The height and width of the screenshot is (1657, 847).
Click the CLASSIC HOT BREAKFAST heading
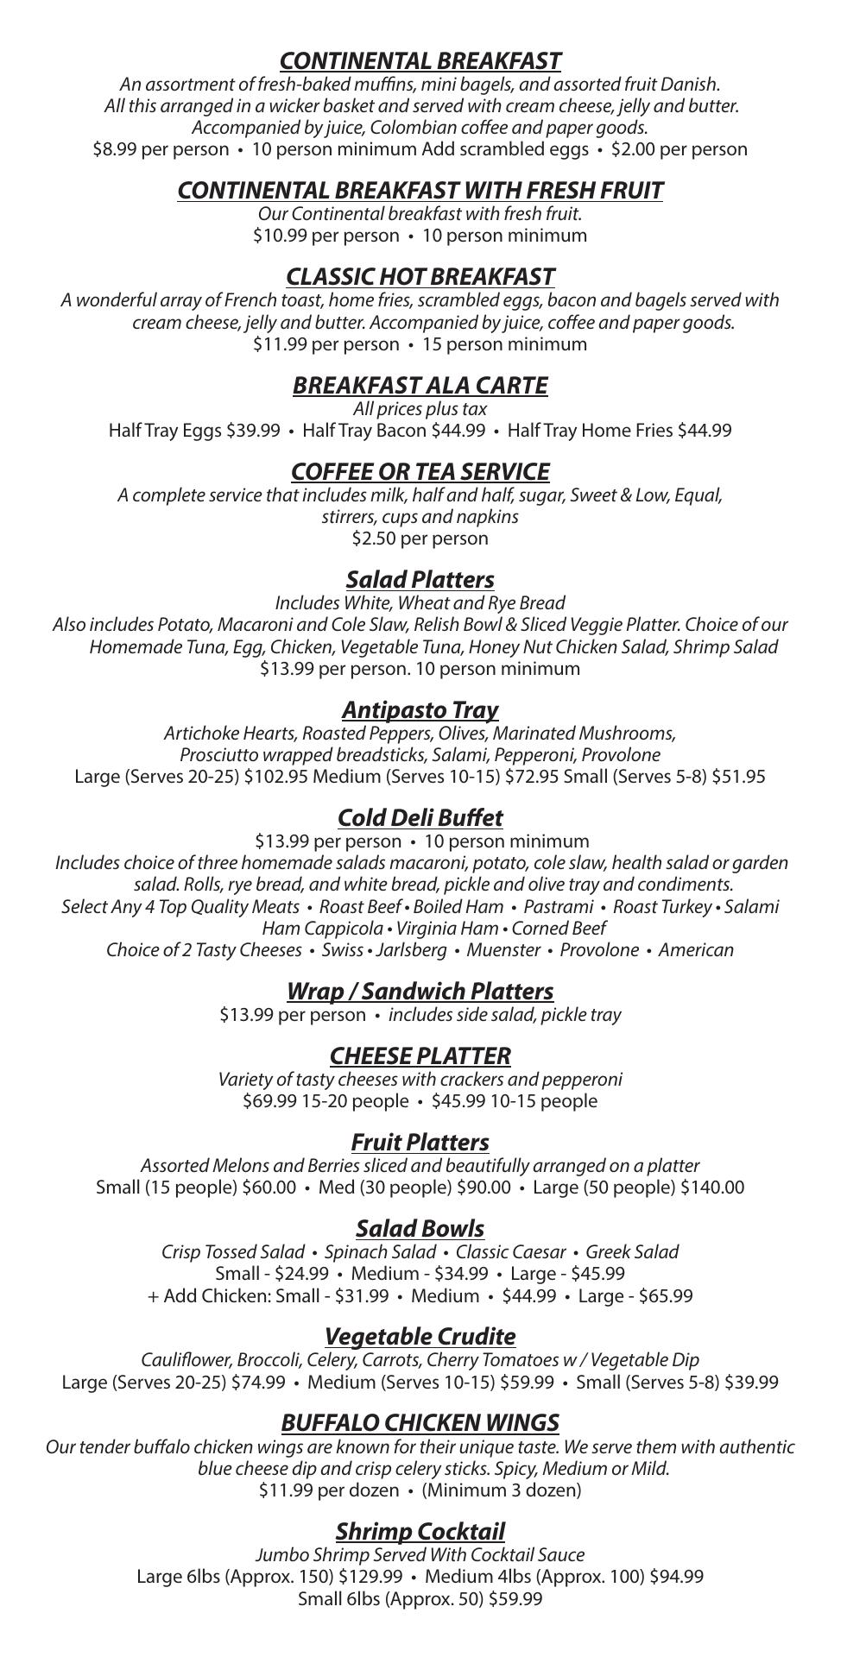click(420, 277)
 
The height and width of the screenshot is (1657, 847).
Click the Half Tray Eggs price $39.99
click(253, 430)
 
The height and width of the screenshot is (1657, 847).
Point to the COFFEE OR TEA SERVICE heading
click(420, 472)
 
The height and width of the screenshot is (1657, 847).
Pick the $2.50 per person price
click(420, 539)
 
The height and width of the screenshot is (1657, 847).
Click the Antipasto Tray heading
click(420, 710)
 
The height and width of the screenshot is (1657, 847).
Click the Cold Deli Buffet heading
click(420, 818)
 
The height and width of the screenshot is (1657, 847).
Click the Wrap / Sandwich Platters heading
click(420, 992)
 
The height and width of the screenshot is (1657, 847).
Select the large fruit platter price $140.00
click(712, 1188)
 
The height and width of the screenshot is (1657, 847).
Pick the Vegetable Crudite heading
click(420, 1337)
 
